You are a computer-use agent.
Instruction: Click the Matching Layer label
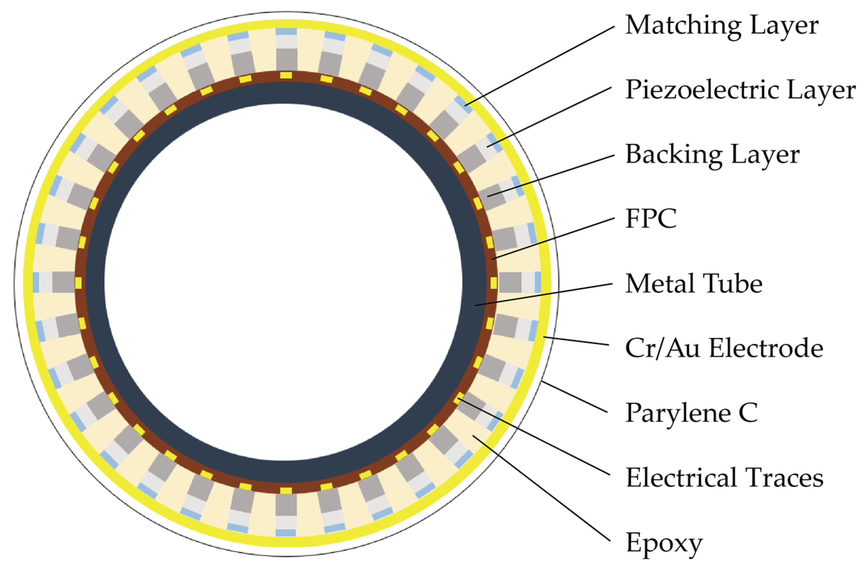[x=721, y=26]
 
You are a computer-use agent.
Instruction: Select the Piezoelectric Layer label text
[x=740, y=90]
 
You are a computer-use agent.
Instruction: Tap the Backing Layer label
[x=712, y=155]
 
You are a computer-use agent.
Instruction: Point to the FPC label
[x=651, y=219]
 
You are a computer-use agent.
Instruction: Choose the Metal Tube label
[x=694, y=284]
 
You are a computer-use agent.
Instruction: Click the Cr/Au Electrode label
[x=724, y=348]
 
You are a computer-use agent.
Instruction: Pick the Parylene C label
[x=691, y=413]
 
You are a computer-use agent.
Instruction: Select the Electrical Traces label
[x=724, y=478]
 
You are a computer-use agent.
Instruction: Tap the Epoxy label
[x=664, y=543]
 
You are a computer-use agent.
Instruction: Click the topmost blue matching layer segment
[x=286, y=32]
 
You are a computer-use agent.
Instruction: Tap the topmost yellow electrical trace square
[x=286, y=75]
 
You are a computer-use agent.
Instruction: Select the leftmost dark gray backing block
[x=63, y=282]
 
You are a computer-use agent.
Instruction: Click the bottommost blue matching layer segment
[x=286, y=532]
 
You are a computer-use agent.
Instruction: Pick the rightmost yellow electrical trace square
[x=493, y=283]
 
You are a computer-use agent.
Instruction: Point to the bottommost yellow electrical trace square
[x=286, y=491]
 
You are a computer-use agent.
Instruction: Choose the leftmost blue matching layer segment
[x=36, y=282]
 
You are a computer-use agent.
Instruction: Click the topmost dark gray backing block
[x=286, y=59]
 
